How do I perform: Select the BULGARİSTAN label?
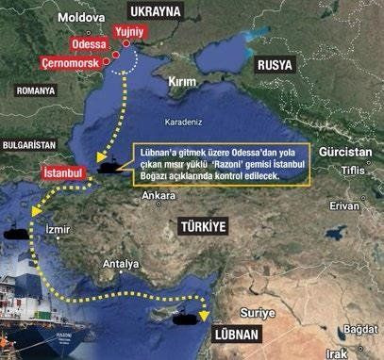pos(31,147)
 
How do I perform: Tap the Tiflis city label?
pos(353,170)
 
